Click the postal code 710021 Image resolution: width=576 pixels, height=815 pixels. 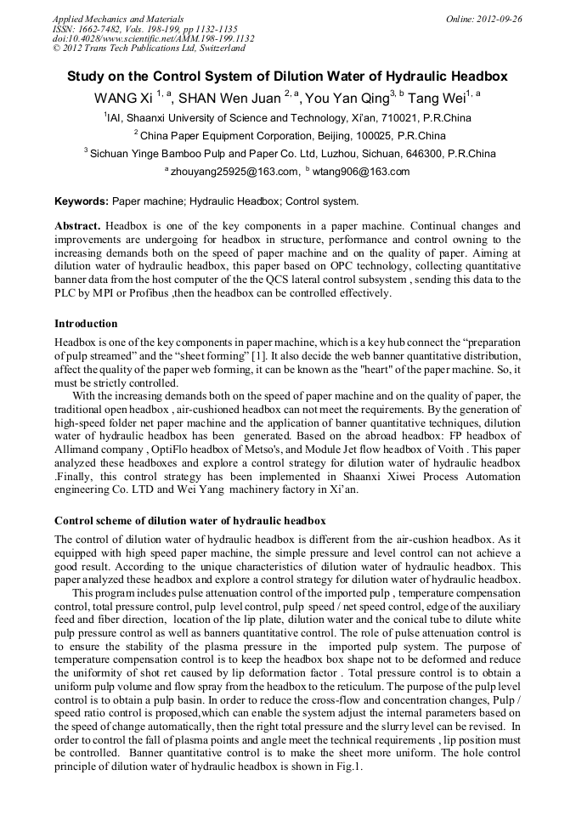pyautogui.click(x=409, y=118)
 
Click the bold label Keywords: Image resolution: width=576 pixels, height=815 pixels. pyautogui.click(x=82, y=202)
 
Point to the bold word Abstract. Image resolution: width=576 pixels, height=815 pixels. pyautogui.click(x=77, y=227)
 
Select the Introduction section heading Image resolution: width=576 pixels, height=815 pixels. pyautogui.click(x=86, y=324)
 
